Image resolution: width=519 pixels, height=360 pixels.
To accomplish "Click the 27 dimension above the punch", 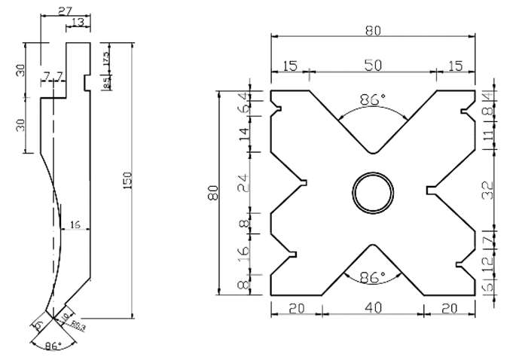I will tap(65, 9).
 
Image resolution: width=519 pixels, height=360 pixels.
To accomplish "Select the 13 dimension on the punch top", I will tap(78, 23).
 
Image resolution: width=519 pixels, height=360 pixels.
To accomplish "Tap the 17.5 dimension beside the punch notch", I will tap(106, 56).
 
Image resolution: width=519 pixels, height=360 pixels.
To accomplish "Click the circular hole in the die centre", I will tap(372, 190).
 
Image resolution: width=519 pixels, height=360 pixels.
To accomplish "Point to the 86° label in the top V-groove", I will tap(372, 99).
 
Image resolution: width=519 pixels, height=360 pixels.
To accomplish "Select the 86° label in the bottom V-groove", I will tap(372, 276).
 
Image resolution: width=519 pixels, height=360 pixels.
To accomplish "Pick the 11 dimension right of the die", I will tap(487, 136).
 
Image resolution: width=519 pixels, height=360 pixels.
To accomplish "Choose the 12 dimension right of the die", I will tap(487, 264).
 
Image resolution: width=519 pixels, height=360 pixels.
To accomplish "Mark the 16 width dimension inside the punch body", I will tap(74, 225).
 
